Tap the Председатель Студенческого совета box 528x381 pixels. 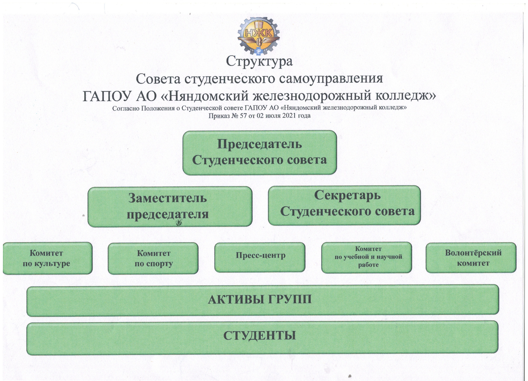coord(260,152)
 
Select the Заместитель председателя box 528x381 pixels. coord(170,207)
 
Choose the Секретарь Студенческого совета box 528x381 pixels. coord(344,205)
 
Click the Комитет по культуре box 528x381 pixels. coord(47,258)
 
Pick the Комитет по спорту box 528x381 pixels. coord(153,259)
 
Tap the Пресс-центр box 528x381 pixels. coord(260,257)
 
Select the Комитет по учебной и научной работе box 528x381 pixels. coord(367,257)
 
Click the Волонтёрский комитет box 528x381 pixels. coord(471,258)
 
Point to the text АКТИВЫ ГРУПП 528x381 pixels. coord(260,300)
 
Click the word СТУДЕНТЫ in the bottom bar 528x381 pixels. coord(260,336)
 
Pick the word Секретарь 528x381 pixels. coord(347,195)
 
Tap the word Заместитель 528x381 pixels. coord(168,198)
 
